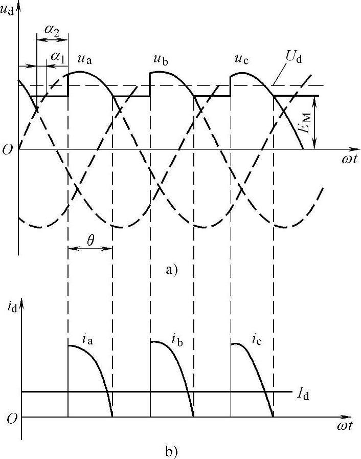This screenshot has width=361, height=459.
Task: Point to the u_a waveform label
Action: click(x=85, y=59)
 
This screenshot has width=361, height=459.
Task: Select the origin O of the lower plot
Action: click(x=11, y=418)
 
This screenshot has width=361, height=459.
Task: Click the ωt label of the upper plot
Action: click(x=350, y=159)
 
